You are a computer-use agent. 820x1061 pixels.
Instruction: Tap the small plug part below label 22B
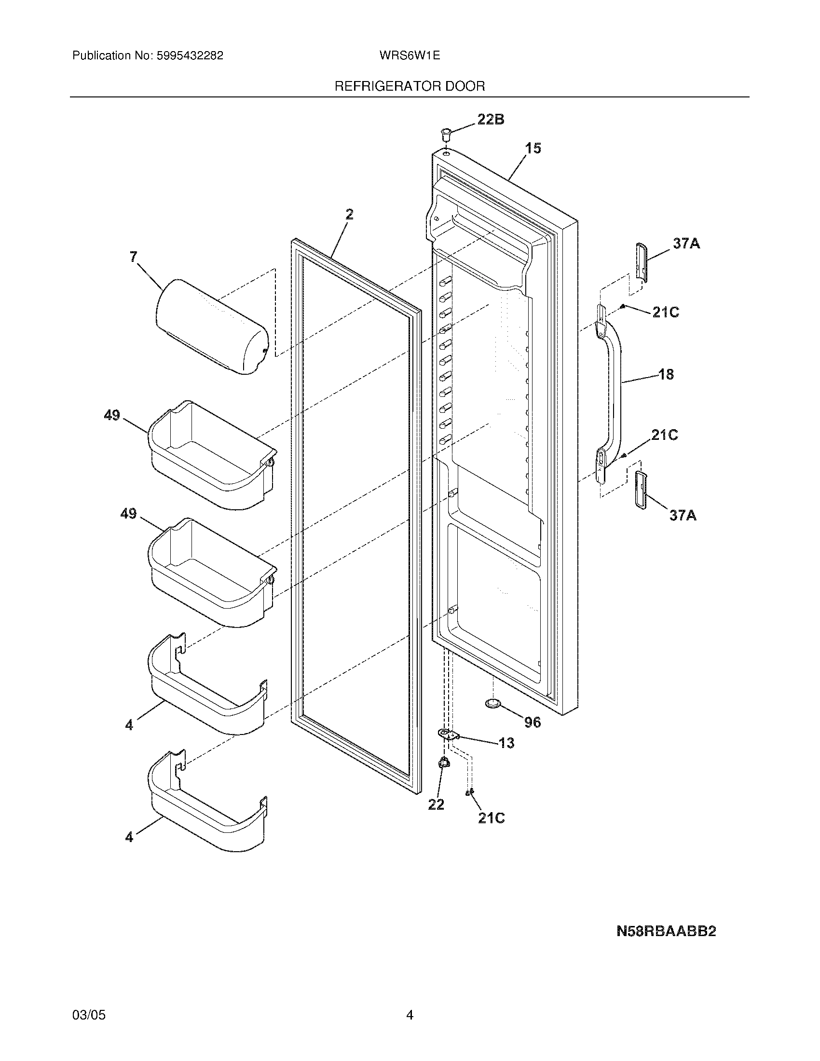pos(446,132)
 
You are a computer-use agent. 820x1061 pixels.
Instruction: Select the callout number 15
pos(533,148)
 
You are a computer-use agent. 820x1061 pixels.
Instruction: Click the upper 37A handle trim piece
pos(642,261)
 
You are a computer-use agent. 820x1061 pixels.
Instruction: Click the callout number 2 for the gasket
pos(349,214)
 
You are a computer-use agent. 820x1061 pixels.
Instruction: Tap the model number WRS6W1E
pos(410,55)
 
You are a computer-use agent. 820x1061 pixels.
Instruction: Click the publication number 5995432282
pos(190,55)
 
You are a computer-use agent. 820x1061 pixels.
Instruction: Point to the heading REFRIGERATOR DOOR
pos(410,86)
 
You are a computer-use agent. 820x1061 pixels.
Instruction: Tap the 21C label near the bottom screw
pos(491,818)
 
